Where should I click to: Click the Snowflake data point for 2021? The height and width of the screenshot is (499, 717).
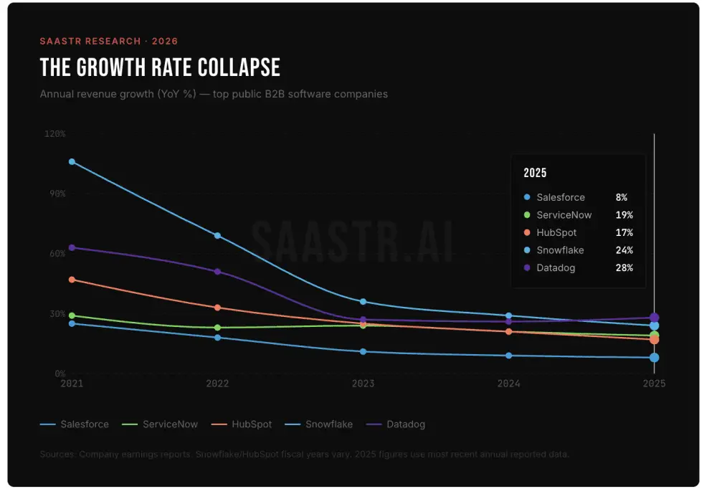tap(72, 162)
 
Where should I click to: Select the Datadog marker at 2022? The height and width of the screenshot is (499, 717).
tap(217, 272)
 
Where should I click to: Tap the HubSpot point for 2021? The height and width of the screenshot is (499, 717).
tap(72, 280)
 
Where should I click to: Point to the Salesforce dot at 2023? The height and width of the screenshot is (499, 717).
tap(364, 352)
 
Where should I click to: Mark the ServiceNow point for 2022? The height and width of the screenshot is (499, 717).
tap(217, 328)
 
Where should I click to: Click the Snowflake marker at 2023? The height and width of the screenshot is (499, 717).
tap(364, 302)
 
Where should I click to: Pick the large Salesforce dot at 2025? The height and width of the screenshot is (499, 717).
tap(654, 358)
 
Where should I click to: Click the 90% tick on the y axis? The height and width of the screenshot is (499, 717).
tap(56, 194)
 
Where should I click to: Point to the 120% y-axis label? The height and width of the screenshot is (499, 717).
tap(54, 134)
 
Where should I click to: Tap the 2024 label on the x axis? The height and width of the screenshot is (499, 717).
tap(508, 384)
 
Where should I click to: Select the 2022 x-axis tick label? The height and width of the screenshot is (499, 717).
tap(217, 384)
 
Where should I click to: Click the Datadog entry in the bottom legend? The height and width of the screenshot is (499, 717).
tap(405, 424)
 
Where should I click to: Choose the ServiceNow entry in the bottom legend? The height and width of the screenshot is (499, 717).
tap(170, 424)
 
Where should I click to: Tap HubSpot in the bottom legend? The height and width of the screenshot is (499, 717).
tap(251, 424)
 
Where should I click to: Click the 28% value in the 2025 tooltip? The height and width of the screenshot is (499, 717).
tap(624, 268)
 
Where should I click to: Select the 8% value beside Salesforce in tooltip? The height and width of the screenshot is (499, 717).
tap(621, 198)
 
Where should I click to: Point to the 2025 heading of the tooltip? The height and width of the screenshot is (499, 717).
tap(535, 173)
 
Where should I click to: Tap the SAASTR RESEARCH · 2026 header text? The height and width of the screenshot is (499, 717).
tap(109, 42)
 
